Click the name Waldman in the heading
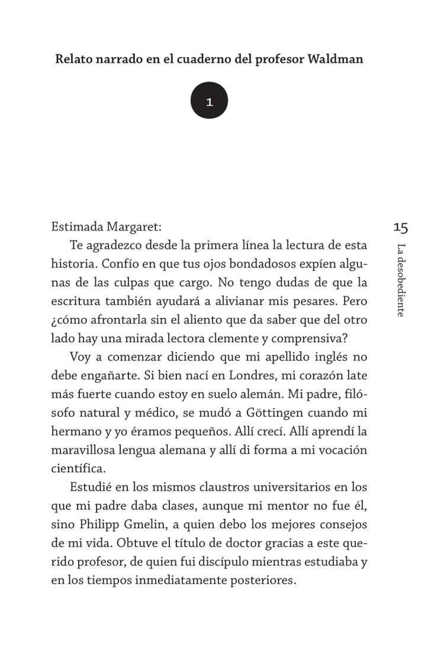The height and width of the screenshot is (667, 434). [335, 59]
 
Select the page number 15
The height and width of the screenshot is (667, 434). [400, 227]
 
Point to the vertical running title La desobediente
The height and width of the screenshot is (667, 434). [401, 280]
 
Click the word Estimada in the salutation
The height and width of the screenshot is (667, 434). [77, 226]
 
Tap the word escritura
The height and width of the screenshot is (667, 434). [76, 301]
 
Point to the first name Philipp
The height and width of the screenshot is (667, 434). [111, 525]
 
